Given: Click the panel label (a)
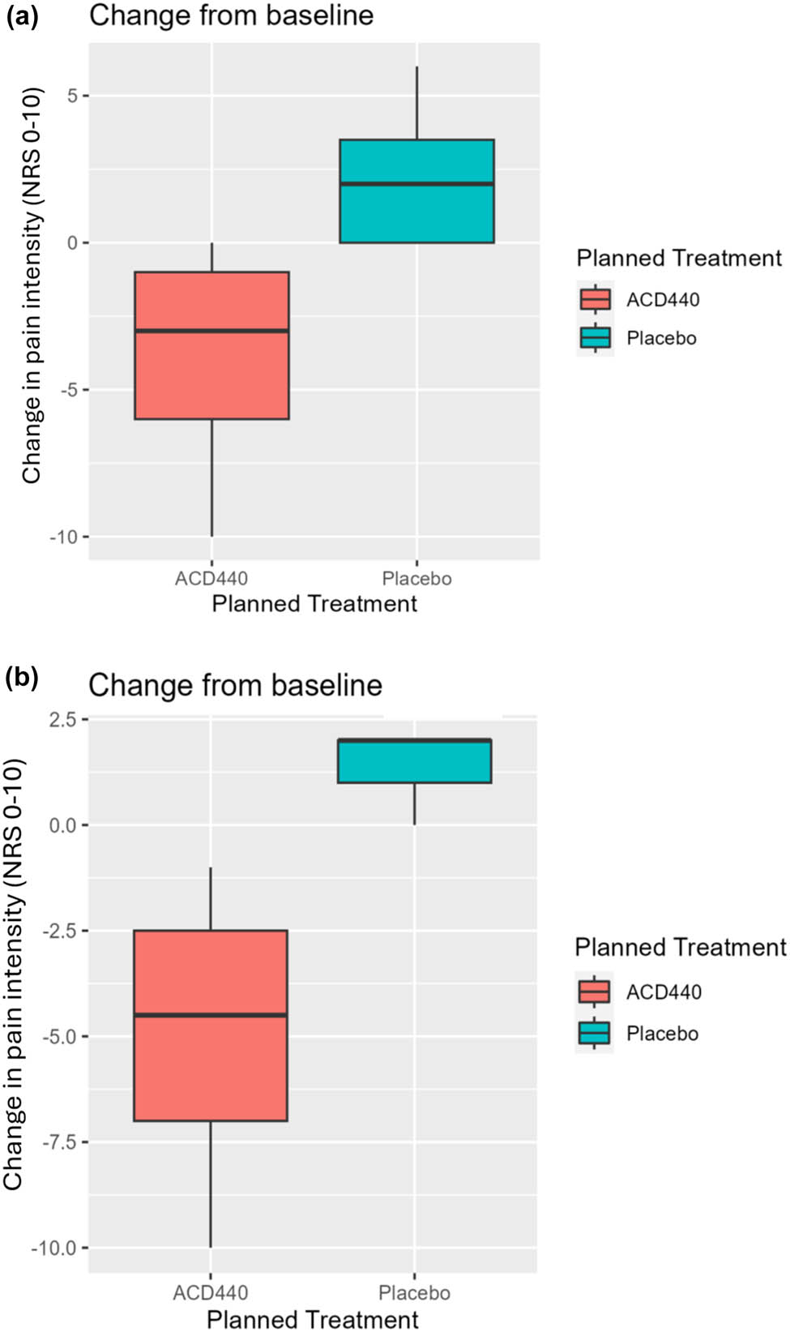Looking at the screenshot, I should (x=22, y=16).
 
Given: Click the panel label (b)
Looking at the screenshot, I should (x=22, y=677).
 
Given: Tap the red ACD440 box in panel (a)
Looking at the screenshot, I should (x=211, y=373).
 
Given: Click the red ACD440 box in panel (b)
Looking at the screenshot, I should (x=210, y=1070).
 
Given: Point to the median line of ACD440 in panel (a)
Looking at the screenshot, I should (x=211, y=331).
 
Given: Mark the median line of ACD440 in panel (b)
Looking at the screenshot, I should (x=210, y=1015).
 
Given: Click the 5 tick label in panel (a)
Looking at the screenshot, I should (x=73, y=96).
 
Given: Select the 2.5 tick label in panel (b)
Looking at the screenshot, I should (x=62, y=720).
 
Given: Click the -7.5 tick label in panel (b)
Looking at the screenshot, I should (x=58, y=1142).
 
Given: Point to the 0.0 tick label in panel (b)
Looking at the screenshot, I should (x=62, y=825).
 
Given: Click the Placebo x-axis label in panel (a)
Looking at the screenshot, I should (x=416, y=579).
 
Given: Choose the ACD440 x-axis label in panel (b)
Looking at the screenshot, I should (x=210, y=1293).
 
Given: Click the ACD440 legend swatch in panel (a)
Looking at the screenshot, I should (x=596, y=299).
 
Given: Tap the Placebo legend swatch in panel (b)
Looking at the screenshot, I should (x=594, y=1033).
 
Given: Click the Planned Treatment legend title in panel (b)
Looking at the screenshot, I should (x=680, y=947).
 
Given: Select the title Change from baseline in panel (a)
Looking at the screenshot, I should (x=231, y=15).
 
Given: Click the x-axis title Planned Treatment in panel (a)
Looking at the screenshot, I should (x=314, y=604).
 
